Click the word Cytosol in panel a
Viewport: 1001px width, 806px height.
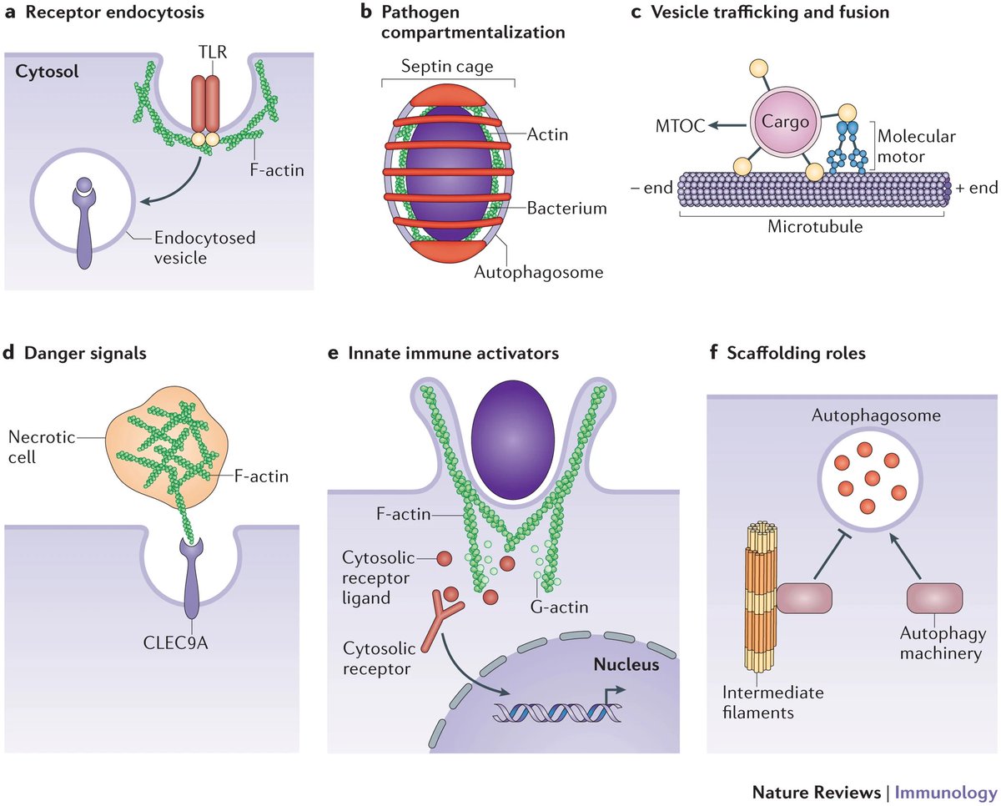(x=46, y=72)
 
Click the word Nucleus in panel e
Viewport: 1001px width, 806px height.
(x=626, y=665)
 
